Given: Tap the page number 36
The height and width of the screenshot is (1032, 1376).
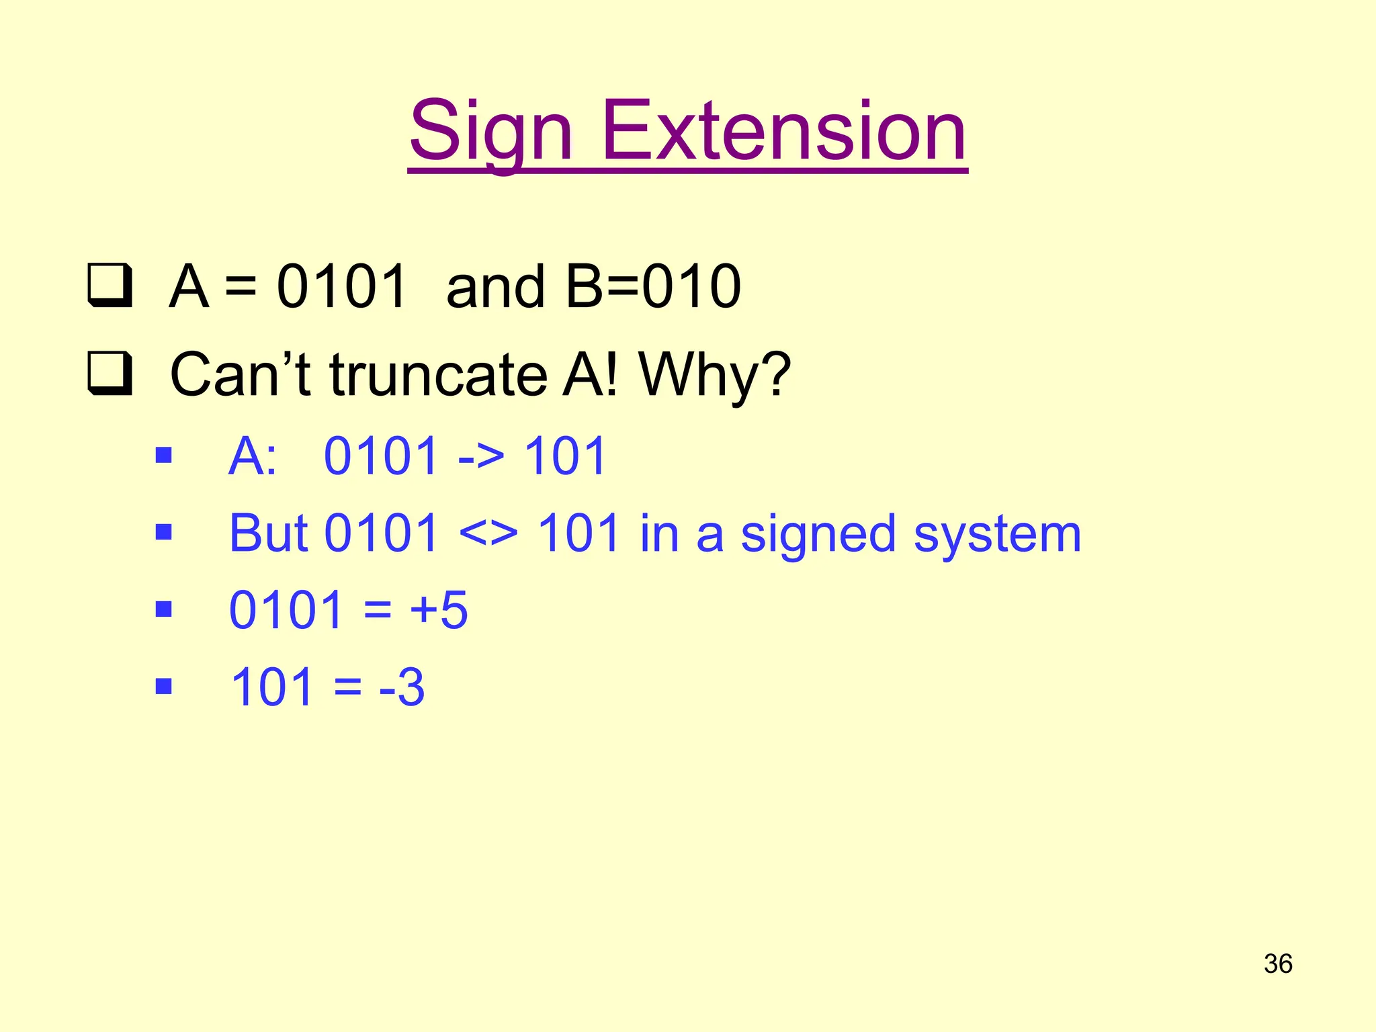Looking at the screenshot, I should (1278, 963).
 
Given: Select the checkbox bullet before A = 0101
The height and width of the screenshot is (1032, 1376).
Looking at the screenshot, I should (109, 287).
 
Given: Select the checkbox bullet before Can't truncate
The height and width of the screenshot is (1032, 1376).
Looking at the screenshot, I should (109, 374).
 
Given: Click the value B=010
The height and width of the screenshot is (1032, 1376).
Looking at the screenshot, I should (653, 287).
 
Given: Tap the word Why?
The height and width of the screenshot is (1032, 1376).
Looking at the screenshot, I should (715, 376).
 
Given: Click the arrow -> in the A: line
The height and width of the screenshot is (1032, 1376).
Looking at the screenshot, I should (480, 457).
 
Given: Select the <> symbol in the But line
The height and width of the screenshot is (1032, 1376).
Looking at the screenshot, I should (488, 535).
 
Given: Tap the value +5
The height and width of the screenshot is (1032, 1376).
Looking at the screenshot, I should (439, 610).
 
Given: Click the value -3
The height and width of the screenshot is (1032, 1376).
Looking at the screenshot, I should (402, 687).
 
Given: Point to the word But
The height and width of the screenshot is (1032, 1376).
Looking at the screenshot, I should (268, 533).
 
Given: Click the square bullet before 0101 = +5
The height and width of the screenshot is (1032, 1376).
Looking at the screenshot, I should (163, 609).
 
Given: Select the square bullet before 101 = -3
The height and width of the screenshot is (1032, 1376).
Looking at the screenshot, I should (163, 686).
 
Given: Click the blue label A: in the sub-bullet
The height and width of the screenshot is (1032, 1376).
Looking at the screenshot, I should (252, 457).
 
